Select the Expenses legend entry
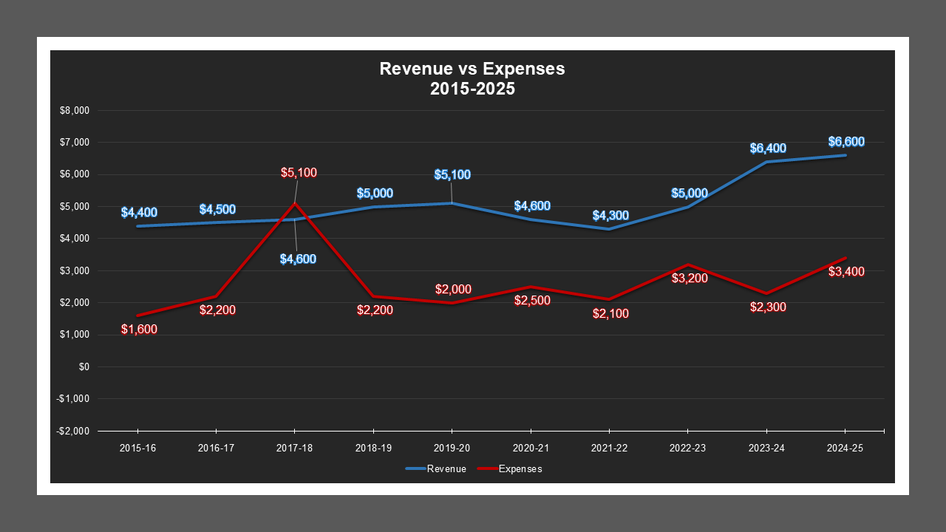510,468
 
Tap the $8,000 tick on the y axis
74,111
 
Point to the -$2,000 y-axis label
72,431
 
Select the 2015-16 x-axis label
137,449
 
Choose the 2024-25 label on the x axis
845,449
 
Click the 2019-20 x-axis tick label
452,449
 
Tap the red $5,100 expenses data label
299,173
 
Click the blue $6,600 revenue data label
846,142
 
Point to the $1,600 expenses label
139,330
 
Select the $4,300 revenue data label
610,216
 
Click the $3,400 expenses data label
846,272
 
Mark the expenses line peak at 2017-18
294,203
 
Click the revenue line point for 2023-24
766,162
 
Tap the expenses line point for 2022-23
687,265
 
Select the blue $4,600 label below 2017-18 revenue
298,259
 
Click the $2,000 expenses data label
453,289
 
